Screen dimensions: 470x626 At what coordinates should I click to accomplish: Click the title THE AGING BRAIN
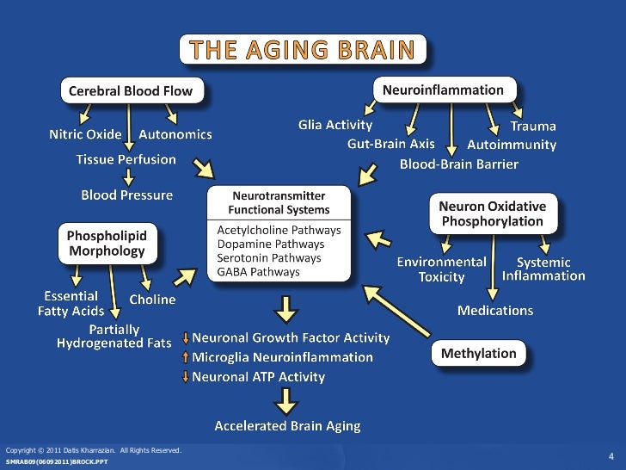point(303,49)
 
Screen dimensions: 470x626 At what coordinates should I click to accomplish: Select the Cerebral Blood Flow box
point(131,90)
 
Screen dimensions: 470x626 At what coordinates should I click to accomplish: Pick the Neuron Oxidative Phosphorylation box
point(492,213)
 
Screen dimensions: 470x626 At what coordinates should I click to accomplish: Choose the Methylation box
point(478,353)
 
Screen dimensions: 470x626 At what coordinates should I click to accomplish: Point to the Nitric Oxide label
point(84,135)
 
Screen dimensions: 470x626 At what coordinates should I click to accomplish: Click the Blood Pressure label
point(126,195)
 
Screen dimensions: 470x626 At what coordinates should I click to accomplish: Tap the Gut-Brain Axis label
point(391,144)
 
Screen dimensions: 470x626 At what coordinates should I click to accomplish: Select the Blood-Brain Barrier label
point(458,164)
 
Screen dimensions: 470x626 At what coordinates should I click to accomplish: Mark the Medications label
point(494,311)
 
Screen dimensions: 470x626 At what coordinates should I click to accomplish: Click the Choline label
point(152,300)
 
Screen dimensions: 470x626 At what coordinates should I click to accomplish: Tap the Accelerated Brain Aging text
point(287,425)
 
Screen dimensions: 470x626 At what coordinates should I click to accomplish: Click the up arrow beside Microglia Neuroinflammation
point(186,357)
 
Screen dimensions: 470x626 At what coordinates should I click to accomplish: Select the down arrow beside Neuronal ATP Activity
point(186,376)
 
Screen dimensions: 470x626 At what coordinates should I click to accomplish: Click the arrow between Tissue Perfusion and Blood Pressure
point(127,177)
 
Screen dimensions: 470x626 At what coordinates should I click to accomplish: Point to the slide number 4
point(610,455)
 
